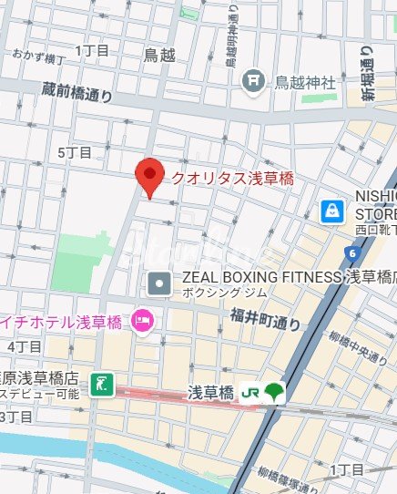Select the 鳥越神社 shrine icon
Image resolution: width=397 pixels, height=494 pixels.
tap(254, 82)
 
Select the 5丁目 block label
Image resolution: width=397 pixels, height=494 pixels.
tap(74, 152)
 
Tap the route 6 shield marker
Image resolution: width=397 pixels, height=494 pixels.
tap(351, 252)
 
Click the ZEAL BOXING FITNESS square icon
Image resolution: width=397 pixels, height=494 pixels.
tap(159, 283)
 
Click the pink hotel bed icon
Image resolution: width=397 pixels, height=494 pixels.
tap(142, 320)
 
